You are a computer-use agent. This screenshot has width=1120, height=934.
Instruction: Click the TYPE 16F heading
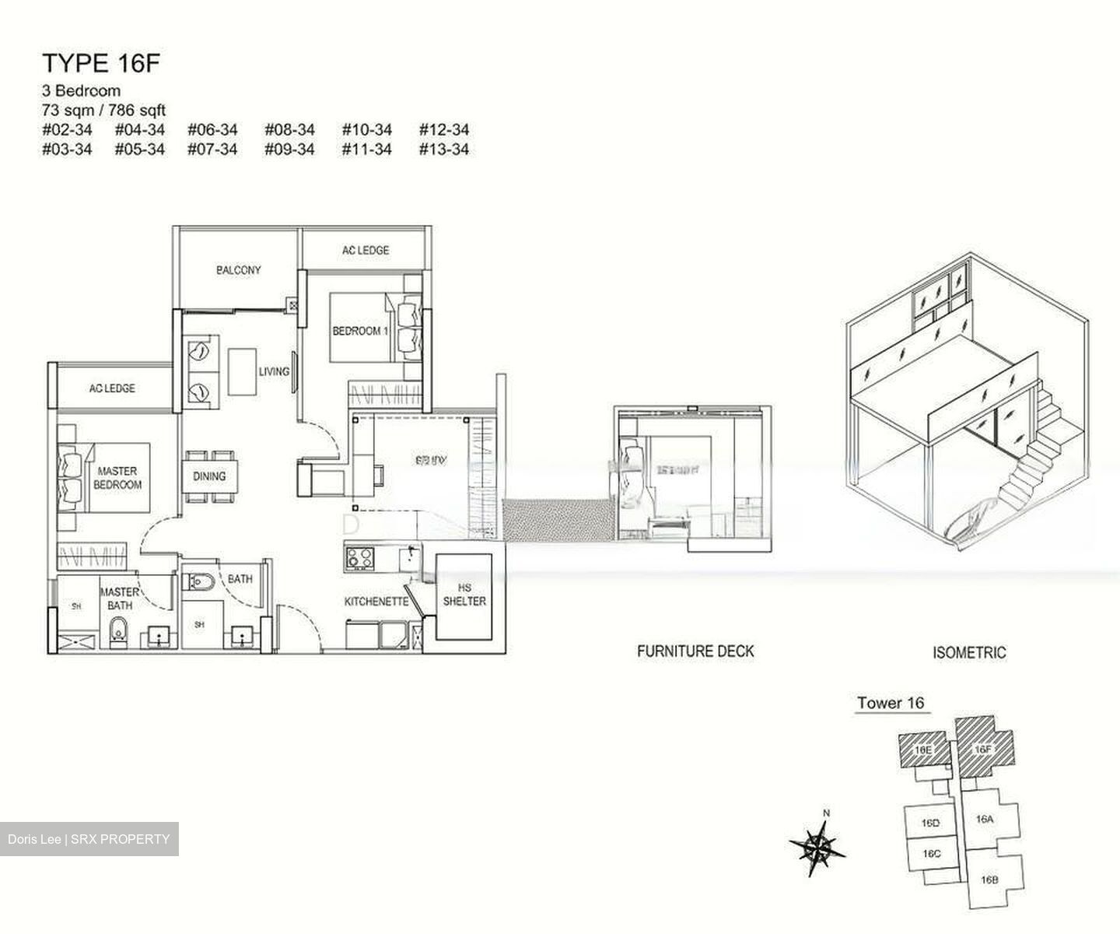[100, 63]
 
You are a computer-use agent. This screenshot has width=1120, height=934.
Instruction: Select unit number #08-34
[289, 130]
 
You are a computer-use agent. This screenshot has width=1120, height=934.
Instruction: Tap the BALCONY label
[238, 270]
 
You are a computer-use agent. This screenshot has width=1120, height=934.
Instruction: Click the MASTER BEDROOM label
[117, 478]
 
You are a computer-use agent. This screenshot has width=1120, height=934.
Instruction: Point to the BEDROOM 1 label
[357, 331]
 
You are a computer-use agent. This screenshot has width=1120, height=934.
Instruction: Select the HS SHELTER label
[464, 595]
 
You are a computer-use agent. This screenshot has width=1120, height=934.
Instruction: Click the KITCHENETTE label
[376, 602]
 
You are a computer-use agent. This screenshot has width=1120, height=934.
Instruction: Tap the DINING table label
[208, 476]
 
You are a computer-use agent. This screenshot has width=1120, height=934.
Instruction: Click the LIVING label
[274, 372]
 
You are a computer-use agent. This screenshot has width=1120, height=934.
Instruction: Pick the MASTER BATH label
[119, 599]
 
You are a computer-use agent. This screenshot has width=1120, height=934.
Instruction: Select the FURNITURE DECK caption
[695, 651]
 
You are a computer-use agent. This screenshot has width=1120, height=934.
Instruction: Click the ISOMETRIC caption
[968, 653]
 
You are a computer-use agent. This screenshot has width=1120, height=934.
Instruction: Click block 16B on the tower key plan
[989, 880]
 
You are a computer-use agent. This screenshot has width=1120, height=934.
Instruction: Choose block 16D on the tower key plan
[930, 823]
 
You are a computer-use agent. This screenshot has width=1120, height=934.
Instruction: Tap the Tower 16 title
[891, 703]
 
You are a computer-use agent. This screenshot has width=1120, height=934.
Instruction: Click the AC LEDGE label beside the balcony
[365, 250]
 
